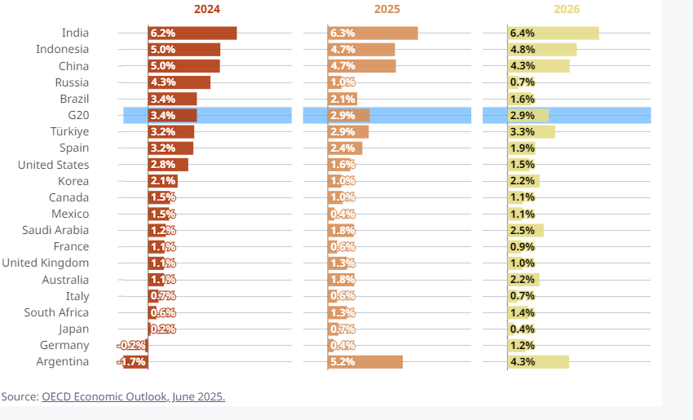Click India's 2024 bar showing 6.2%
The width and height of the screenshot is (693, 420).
(x=192, y=33)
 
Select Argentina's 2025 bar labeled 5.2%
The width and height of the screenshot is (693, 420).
(x=365, y=362)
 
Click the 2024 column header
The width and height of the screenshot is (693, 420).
(x=207, y=10)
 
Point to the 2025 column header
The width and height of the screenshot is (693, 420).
(x=386, y=10)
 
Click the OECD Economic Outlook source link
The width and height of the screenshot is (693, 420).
(x=133, y=397)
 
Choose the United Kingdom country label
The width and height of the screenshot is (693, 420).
(x=46, y=263)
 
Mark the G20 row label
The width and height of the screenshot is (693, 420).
(x=79, y=116)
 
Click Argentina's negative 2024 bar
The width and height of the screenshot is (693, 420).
(x=135, y=362)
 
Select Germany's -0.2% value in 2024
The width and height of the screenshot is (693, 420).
(x=133, y=346)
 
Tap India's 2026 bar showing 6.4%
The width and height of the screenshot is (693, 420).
(x=553, y=33)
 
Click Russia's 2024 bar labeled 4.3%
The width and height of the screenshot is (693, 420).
(x=179, y=82)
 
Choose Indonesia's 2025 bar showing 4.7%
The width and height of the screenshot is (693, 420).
(x=361, y=50)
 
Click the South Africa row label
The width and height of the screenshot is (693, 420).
(x=57, y=313)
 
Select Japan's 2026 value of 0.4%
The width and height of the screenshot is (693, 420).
(x=522, y=329)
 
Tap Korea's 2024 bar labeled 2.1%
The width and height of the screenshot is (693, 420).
(x=163, y=181)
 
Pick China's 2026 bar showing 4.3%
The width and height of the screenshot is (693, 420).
(x=538, y=66)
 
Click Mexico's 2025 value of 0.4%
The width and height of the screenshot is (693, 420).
(x=342, y=214)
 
